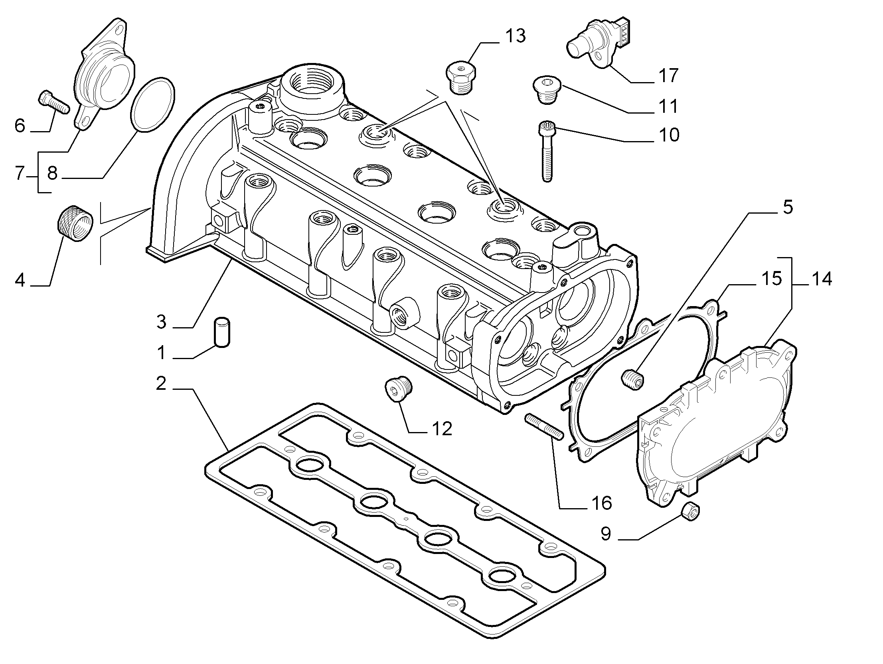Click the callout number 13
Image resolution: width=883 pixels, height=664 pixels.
point(515,36)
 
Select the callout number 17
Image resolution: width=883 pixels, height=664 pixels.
point(668,75)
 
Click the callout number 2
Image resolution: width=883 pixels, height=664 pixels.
point(161,383)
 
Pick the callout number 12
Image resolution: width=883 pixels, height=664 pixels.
point(441,428)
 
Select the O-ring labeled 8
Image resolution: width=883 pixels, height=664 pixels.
point(153,104)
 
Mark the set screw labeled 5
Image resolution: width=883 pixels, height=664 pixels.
point(633,378)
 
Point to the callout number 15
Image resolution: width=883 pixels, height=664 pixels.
point(771,279)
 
